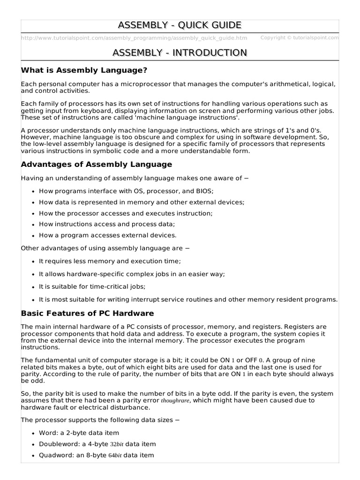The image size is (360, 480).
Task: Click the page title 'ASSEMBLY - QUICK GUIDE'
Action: [180, 25]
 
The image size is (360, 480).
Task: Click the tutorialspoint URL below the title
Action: [135, 38]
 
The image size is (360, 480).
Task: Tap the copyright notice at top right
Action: [299, 37]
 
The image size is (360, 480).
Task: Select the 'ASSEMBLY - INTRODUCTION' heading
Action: [180, 52]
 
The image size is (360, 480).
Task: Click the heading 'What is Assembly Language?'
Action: [84, 70]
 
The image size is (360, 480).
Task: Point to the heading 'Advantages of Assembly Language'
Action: [97, 165]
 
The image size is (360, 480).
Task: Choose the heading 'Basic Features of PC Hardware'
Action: [88, 313]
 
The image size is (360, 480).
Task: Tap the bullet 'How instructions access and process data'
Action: [107, 225]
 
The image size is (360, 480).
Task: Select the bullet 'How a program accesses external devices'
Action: [108, 235]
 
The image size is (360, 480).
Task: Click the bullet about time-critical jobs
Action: [92, 286]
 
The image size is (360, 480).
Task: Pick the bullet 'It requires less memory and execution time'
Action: [110, 261]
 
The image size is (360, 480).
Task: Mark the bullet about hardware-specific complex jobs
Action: [132, 274]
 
